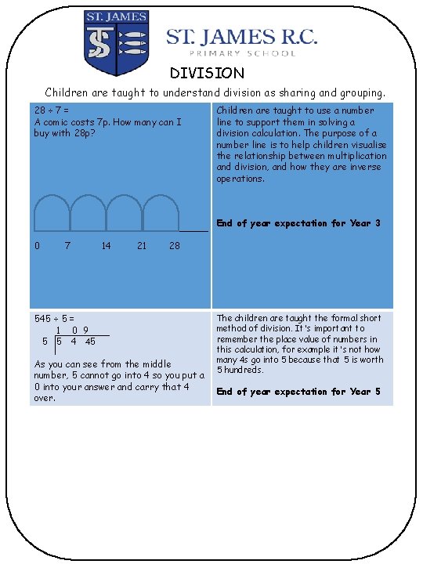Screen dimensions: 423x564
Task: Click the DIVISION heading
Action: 208,73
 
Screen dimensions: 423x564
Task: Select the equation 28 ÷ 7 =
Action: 50,110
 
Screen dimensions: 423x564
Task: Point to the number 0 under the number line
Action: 38,246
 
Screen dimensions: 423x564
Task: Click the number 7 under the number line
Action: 69,246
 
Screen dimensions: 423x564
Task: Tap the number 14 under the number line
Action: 106,246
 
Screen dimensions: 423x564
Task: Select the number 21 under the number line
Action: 141,246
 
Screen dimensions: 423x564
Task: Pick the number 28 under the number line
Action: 175,246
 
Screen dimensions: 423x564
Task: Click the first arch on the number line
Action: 52,213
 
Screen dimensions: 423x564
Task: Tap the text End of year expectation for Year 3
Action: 298,223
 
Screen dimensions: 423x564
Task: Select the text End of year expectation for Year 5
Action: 298,392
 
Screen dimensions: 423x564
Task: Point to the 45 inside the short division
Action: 90,342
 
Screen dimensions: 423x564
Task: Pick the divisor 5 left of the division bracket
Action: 45,342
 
